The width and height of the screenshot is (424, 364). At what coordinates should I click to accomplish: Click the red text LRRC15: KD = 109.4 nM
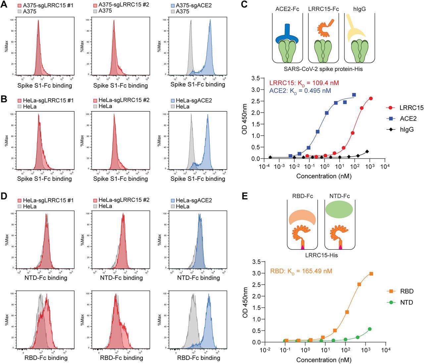tap(304, 83)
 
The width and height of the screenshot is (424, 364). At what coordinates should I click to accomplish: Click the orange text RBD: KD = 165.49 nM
tap(301, 271)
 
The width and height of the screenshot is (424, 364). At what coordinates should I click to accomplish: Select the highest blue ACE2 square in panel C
tap(354, 95)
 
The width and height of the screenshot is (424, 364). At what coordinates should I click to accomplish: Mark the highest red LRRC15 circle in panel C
tap(371, 99)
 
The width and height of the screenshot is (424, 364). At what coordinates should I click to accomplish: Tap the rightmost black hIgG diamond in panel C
tap(367, 152)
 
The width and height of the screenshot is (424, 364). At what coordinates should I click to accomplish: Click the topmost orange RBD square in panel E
tap(371, 274)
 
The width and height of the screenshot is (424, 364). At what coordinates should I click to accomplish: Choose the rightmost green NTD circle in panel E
tap(370, 329)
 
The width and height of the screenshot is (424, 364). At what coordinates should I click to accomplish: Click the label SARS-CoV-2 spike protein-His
tap(323, 69)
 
